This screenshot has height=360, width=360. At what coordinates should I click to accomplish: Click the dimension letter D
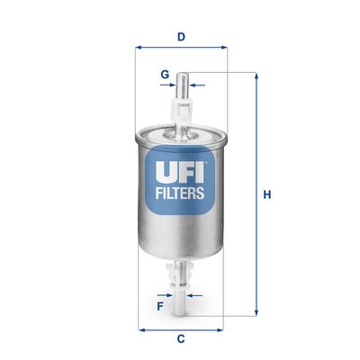[x=181, y=37]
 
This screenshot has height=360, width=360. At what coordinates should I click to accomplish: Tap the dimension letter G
[x=165, y=73]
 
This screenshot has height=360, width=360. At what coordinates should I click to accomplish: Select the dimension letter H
[x=266, y=194]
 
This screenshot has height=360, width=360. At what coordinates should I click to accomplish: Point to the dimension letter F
[x=160, y=306]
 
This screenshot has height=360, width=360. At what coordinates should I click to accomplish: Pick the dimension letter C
[x=181, y=338]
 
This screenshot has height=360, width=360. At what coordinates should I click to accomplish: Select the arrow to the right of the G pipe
[x=197, y=86]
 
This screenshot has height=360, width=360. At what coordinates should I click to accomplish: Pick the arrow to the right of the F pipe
[x=197, y=293]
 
